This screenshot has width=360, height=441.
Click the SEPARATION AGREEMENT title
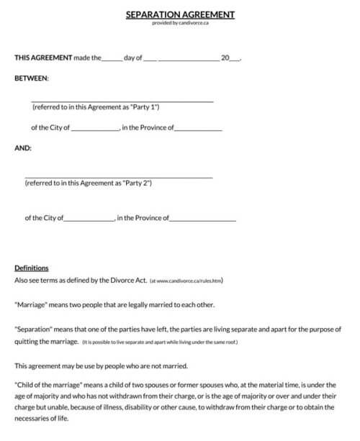click(180, 14)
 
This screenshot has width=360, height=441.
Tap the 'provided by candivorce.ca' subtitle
click(180, 22)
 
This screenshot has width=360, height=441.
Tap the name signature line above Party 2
click(119, 177)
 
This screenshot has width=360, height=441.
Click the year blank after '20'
click(234, 59)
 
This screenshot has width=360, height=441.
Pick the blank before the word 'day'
click(112, 59)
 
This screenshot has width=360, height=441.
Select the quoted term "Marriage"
click(31, 304)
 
